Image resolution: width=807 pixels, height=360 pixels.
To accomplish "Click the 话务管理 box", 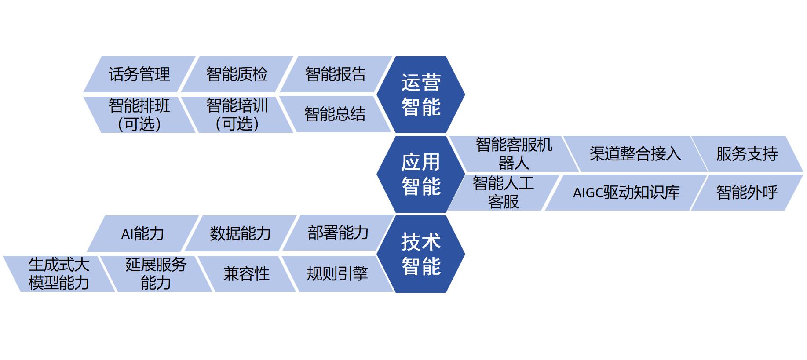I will (x=139, y=74).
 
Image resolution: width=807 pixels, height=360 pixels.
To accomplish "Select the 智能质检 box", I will (x=237, y=74).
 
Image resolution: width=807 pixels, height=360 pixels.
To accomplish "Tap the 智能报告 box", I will (x=336, y=74).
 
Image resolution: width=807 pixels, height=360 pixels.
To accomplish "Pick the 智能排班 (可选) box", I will (x=139, y=115).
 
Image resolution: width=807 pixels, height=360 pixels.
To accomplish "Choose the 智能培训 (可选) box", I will (x=237, y=115).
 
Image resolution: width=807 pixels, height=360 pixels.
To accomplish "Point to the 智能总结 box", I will (x=335, y=115).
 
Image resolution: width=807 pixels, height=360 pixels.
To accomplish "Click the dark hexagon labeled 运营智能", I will (x=421, y=95).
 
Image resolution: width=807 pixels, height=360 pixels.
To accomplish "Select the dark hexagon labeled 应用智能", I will (x=421, y=174).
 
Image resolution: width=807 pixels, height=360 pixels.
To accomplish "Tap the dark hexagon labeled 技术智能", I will (x=421, y=254).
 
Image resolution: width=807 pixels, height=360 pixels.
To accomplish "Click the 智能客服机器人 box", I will (x=514, y=154).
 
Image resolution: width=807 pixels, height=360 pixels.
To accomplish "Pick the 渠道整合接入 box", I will (x=635, y=154).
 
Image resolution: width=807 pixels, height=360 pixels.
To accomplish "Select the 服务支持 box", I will (x=747, y=154).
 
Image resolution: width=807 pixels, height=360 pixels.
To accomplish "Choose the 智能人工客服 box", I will (x=503, y=193).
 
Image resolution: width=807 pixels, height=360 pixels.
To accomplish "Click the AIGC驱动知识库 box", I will (x=626, y=193).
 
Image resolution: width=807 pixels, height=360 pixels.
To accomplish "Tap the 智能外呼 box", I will (x=747, y=193).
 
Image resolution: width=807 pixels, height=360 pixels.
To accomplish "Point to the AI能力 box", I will (x=142, y=233).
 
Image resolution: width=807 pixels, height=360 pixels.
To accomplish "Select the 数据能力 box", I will (x=240, y=233).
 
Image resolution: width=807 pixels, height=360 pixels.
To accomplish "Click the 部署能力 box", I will (x=338, y=233).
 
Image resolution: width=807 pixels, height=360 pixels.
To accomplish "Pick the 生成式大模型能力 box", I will (x=59, y=273).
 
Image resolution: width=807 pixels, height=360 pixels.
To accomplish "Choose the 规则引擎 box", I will (x=337, y=274).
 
